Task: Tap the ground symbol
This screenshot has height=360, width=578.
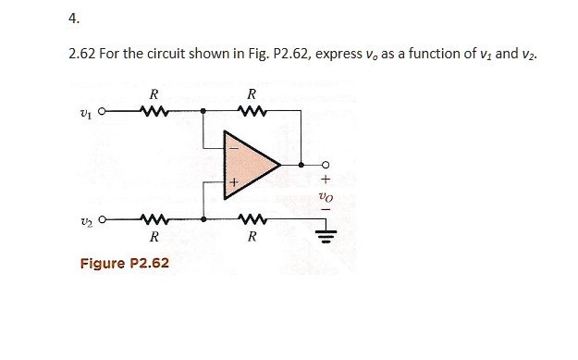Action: click(x=326, y=233)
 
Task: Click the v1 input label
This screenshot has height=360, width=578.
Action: click(x=87, y=115)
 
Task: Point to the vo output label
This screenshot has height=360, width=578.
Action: click(x=325, y=197)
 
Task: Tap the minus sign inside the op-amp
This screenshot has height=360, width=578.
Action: click(x=234, y=147)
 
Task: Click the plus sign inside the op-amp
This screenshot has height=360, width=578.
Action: click(x=234, y=184)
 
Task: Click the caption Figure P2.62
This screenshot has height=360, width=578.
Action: click(x=124, y=264)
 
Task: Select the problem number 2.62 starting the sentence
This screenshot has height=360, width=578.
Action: click(x=81, y=55)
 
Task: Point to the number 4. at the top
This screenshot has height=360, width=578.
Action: click(x=75, y=19)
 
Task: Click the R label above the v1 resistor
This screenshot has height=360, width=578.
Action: click(x=153, y=94)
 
